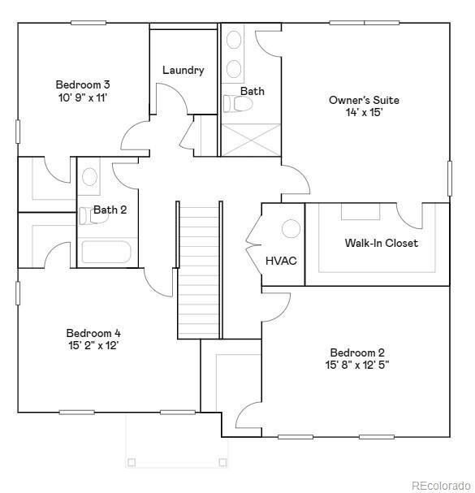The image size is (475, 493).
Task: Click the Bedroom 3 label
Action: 82,84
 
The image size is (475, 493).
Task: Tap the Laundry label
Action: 183,70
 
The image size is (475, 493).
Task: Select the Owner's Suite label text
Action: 364,100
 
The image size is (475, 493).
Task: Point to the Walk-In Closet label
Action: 381,243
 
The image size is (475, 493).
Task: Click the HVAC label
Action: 281,261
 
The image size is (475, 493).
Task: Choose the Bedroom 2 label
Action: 357,352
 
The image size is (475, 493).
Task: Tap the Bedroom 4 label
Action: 93,333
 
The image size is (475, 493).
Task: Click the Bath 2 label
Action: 110,210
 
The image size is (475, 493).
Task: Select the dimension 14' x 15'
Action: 364,113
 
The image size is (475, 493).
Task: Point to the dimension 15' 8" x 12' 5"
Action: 357,365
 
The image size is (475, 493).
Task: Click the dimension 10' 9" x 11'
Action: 82,97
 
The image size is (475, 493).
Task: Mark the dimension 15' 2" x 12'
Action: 93,345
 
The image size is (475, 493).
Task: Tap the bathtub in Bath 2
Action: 106,252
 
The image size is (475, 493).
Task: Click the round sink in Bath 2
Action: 89,176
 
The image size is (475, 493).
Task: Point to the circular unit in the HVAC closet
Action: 291,229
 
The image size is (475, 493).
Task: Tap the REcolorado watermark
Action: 439,485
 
